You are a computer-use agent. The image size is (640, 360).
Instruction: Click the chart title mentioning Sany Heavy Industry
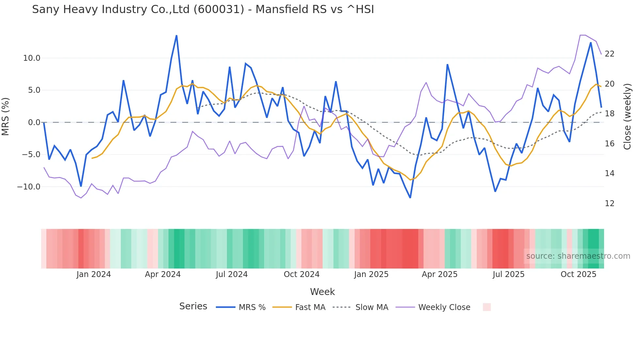tap(203, 9)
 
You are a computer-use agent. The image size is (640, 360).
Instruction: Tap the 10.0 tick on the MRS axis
tap(32, 58)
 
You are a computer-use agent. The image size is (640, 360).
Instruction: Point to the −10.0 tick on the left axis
tap(29, 187)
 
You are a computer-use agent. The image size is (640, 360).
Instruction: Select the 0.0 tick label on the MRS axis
tap(34, 123)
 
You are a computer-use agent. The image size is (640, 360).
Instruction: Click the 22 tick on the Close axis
tap(609, 54)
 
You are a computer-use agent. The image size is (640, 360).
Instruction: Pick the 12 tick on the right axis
tap(609, 204)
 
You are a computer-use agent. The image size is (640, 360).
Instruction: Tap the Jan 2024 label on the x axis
tap(94, 274)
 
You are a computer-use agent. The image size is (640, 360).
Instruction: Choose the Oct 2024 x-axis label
tap(301, 274)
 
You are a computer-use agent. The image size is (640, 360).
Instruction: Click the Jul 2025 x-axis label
tap(508, 274)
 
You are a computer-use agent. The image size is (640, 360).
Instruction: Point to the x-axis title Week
tap(322, 292)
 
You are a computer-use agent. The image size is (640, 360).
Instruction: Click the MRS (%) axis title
tap(6, 117)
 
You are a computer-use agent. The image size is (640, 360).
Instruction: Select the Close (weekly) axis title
tap(627, 117)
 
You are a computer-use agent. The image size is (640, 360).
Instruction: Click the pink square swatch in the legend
tap(487, 307)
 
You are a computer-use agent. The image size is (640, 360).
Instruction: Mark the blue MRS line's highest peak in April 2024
tap(177, 35)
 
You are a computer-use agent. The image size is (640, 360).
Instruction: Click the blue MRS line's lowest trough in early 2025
tap(410, 198)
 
